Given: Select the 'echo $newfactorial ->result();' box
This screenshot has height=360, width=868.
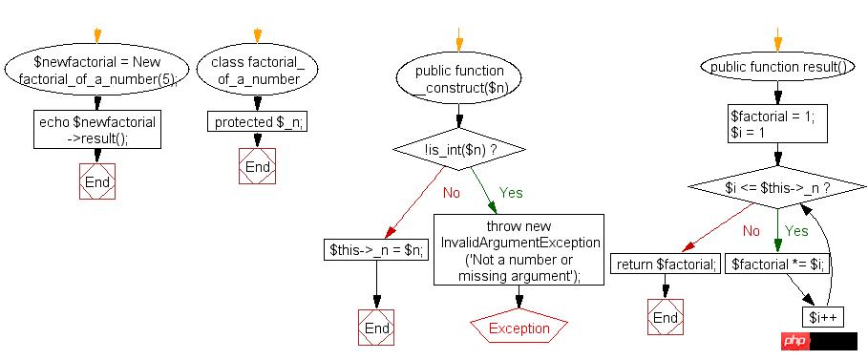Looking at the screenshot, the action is click(x=97, y=130).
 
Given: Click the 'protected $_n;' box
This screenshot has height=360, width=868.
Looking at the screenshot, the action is click(x=258, y=121).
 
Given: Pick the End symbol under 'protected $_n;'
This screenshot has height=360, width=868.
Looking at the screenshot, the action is click(x=258, y=167).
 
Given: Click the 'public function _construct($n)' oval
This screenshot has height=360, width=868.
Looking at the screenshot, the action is click(x=459, y=79).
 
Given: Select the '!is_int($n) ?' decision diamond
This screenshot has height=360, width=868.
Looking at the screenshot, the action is click(x=459, y=149).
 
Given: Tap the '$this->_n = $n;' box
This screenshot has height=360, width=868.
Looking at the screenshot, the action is click(x=376, y=250).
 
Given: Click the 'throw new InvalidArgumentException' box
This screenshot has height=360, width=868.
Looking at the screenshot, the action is click(x=519, y=250).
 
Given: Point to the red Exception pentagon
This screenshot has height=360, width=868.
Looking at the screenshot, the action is click(x=519, y=328).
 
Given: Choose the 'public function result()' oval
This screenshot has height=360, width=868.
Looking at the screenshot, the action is click(x=778, y=68).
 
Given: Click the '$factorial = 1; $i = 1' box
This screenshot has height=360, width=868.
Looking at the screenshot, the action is click(x=778, y=125).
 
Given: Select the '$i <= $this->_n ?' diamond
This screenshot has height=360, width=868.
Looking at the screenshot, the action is click(x=778, y=188).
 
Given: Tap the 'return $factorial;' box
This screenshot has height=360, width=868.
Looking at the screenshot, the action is click(x=666, y=264).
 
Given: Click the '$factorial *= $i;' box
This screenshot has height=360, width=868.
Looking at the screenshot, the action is click(x=778, y=264).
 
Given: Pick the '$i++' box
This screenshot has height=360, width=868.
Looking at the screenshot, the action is click(x=822, y=317).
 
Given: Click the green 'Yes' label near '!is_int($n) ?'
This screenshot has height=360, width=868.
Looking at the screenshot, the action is click(x=511, y=193).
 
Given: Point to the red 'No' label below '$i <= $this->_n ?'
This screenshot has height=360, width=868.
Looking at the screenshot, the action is click(x=751, y=231).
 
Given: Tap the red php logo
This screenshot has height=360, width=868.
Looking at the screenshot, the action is click(x=796, y=341).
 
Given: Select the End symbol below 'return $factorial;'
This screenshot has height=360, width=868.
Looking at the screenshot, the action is click(x=666, y=317).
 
